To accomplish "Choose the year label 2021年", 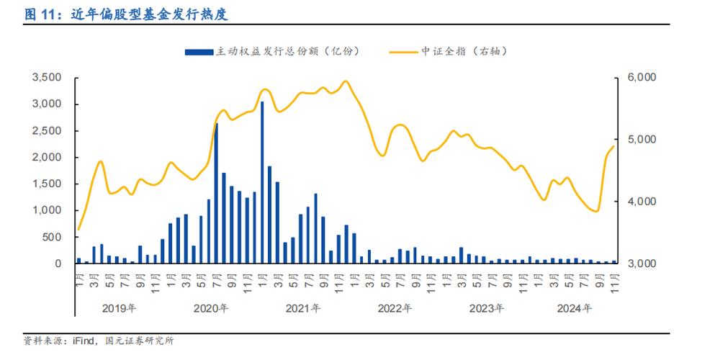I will [x=303, y=308].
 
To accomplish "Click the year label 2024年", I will [x=575, y=308].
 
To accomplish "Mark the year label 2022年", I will [x=395, y=308].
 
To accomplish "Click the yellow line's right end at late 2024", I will [x=613, y=147].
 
